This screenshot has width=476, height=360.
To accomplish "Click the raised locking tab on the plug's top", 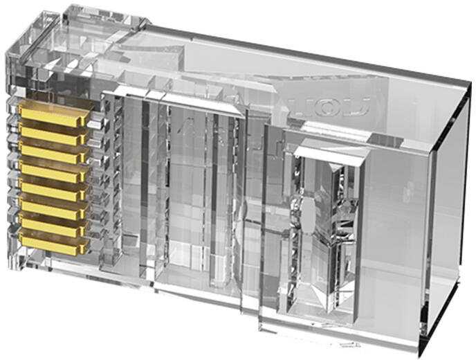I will click(x=104, y=28).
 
